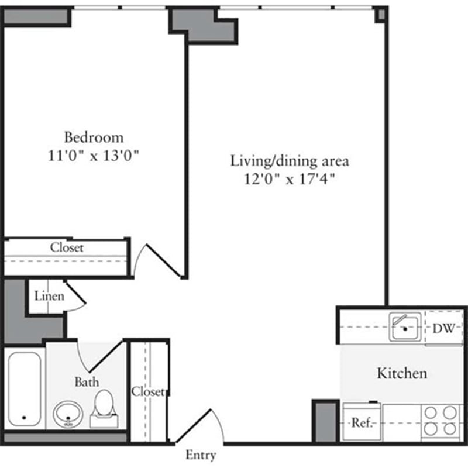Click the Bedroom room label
click(x=94, y=137)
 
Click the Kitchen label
click(x=401, y=373)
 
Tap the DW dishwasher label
click(x=443, y=328)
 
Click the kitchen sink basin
click(x=404, y=328)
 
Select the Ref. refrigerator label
click(x=362, y=423)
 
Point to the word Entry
click(x=201, y=455)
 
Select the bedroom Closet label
click(x=67, y=247)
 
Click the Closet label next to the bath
click(x=148, y=391)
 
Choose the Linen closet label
click(x=49, y=295)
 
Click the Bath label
click(x=87, y=382)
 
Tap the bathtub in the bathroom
click(x=24, y=390)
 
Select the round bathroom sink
click(x=68, y=414)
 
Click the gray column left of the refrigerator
click(x=325, y=421)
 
